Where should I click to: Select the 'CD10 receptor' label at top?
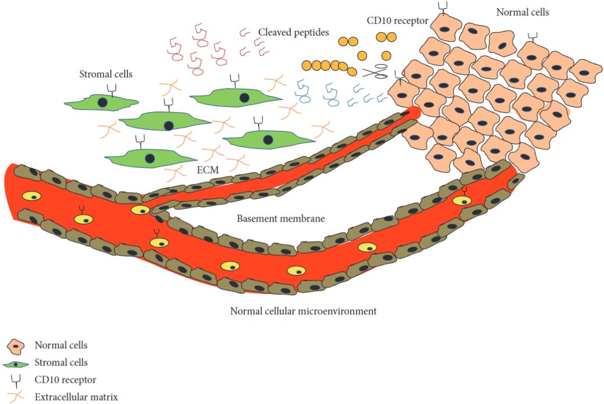[397, 21]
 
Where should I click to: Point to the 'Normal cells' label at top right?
[523, 12]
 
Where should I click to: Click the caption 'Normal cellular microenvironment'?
[303, 311]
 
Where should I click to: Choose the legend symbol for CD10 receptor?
[15, 381]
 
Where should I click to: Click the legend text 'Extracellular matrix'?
[76, 397]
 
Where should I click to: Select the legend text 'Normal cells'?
[61, 345]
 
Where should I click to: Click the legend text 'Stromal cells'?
[61, 363]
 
